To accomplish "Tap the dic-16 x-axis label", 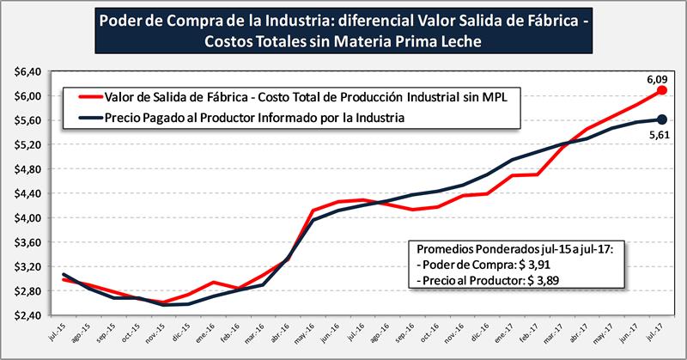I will coord(486,333).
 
